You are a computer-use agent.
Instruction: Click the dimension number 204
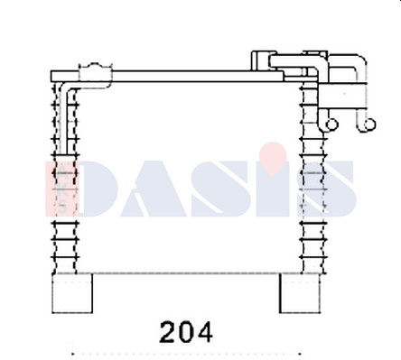pyautogui.click(x=186, y=332)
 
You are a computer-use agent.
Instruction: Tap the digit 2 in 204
pyautogui.click(x=168, y=332)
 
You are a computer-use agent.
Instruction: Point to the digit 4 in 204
pyautogui.click(x=205, y=332)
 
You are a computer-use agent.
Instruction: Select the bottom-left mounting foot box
pyautogui.click(x=72, y=293)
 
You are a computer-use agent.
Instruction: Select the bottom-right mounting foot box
pyautogui.click(x=300, y=293)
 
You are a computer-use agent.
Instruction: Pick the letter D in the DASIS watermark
pyautogui.click(x=98, y=189)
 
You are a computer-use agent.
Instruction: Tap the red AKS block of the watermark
pyautogui.click(x=61, y=189)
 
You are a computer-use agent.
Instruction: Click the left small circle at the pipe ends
pyautogui.click(x=332, y=125)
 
